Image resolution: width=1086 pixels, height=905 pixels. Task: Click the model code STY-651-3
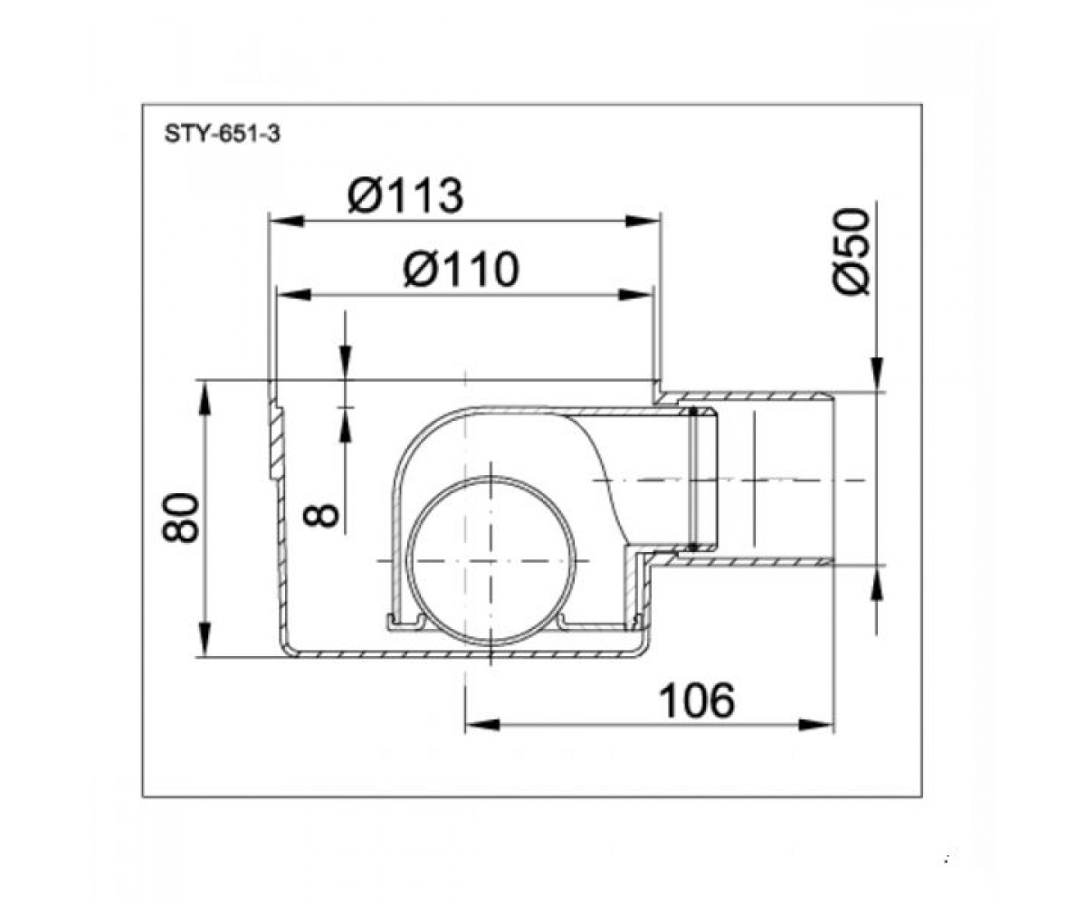222,134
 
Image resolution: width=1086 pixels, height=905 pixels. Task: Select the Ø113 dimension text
405,195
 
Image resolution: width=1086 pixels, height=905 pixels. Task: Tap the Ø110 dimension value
461,270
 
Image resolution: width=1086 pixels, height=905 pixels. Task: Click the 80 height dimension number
180,518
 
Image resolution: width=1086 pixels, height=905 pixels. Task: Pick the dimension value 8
321,516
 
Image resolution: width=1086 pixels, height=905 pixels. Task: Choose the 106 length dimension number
697,701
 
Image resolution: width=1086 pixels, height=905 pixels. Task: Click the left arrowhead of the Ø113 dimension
286,221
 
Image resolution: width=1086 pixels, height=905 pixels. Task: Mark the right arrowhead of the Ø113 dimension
643,221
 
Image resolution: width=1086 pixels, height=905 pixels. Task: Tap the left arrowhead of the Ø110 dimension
294,295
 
